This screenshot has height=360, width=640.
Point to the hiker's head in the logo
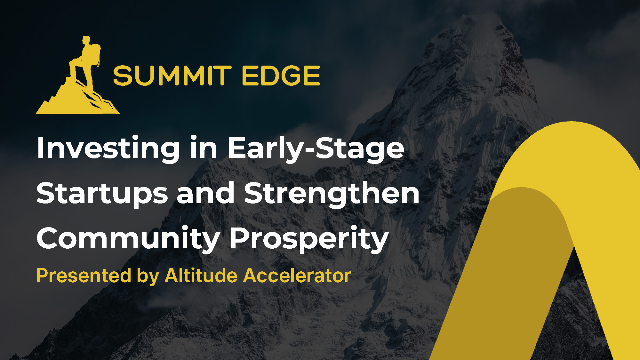click(86, 40)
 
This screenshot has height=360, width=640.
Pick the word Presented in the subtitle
click(84, 276)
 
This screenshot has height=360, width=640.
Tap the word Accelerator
click(297, 276)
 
